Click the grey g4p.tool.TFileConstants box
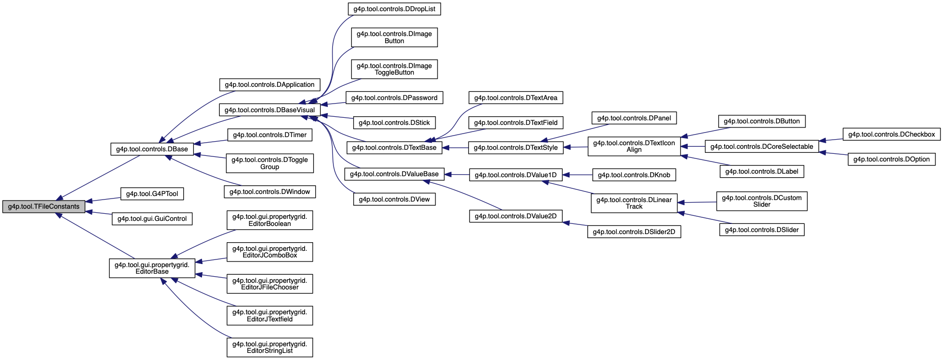pyautogui.click(x=44, y=207)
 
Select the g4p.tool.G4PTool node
pyautogui.click(x=152, y=194)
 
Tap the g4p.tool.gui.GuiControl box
pyautogui.click(x=152, y=219)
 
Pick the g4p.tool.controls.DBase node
pyautogui.click(x=152, y=149)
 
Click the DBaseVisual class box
pyautogui.click(x=270, y=110)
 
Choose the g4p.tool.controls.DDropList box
pyautogui.click(x=394, y=9)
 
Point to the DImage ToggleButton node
pyautogui.click(x=394, y=69)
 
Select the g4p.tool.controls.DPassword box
pyautogui.click(x=394, y=98)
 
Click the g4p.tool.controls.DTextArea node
pyautogui.click(x=516, y=98)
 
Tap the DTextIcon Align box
pyautogui.click(x=634, y=146)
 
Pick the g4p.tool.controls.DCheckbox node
pyautogui.click(x=891, y=135)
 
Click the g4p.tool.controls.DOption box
pyautogui.click(x=891, y=159)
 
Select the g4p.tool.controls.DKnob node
pyautogui.click(x=634, y=175)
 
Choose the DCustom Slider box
pyautogui.click(x=761, y=201)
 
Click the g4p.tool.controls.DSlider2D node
pyautogui.click(x=634, y=232)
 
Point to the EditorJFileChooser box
pyautogui.click(x=270, y=284)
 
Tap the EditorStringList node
pyautogui.click(x=270, y=347)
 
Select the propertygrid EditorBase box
pyautogui.click(x=152, y=268)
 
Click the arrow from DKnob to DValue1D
pyautogui.click(x=578, y=175)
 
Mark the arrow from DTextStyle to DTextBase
pyautogui.click(x=455, y=148)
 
